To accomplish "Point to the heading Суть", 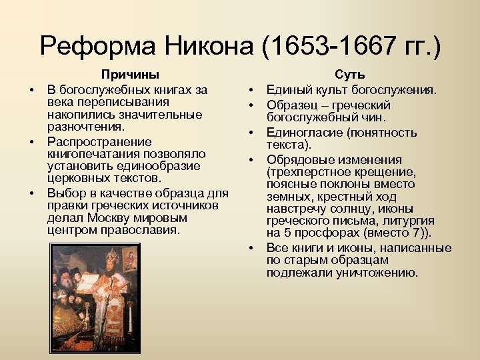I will coord(349,75).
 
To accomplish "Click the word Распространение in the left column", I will coord(99,141).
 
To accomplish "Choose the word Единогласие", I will coord(302,133).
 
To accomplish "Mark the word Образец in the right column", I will coord(291,105).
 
